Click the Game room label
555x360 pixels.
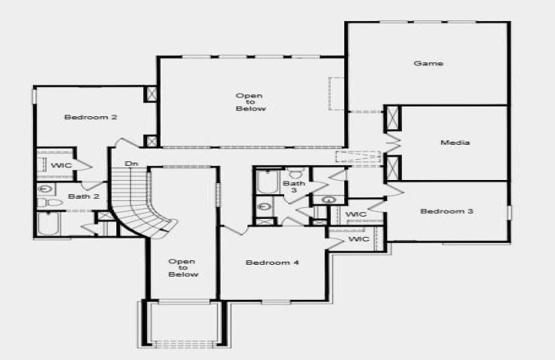tap(428, 63)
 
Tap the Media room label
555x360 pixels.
tap(455, 142)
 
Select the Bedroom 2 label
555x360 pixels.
tap(91, 117)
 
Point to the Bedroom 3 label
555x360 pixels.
tap(447, 211)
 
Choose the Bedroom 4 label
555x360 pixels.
tap(272, 262)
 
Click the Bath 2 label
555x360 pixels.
tap(84, 196)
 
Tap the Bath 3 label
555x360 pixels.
tap(294, 187)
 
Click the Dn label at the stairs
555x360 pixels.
tap(131, 164)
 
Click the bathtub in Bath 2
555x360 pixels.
tap(49, 223)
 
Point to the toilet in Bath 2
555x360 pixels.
tap(50, 202)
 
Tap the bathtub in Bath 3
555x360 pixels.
tap(268, 182)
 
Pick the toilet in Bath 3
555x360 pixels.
tap(295, 172)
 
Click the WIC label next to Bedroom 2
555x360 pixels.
tap(61, 165)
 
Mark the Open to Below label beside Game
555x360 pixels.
tap(250, 102)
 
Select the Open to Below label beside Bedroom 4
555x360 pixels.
tap(183, 268)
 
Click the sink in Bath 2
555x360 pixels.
tap(45, 189)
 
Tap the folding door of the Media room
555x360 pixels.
tap(393, 143)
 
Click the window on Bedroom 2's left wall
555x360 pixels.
tap(34, 97)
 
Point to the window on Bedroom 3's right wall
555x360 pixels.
tap(510, 212)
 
